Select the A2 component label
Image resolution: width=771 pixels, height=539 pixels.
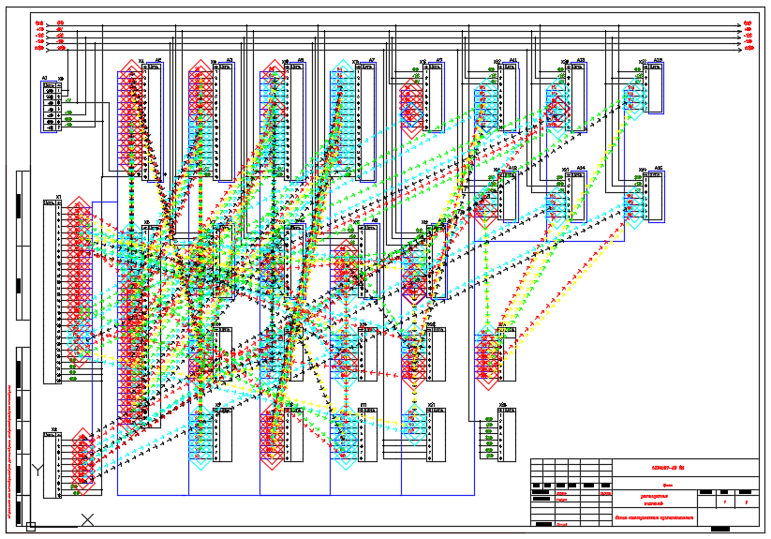pyautogui.click(x=158, y=60)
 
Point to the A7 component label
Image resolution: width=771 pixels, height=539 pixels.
pyautogui.click(x=372, y=60)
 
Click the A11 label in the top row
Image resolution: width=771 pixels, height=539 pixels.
pyautogui.click(x=512, y=60)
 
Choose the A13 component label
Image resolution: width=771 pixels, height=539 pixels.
pyautogui.click(x=580, y=60)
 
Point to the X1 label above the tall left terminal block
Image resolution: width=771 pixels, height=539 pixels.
pyautogui.click(x=58, y=197)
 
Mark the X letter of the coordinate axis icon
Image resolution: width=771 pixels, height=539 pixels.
pyautogui.click(x=87, y=518)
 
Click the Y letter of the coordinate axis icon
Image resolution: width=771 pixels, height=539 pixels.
pyautogui.click(x=37, y=468)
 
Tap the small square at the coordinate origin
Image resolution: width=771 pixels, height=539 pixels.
pyautogui.click(x=31, y=527)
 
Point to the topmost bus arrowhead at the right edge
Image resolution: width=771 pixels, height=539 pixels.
pyautogui.click(x=748, y=22)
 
